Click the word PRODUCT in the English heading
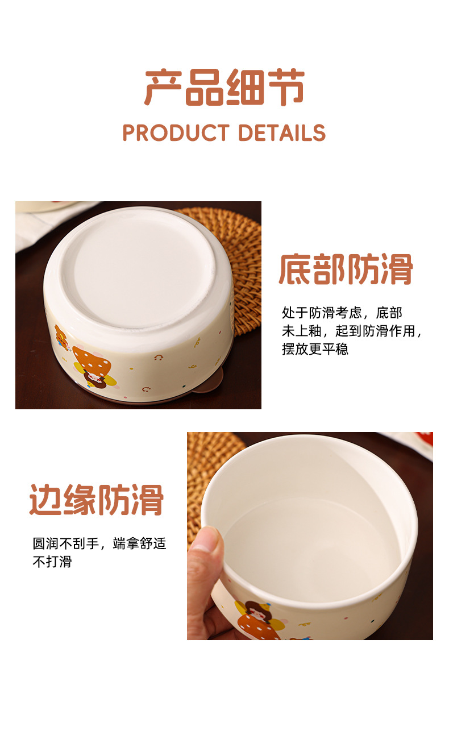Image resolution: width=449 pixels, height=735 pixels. pos(176,133)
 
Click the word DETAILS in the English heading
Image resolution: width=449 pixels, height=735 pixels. pos(282,133)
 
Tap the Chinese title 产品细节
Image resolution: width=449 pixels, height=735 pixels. pos(224,88)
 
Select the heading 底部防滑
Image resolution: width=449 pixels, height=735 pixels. pos(346,269)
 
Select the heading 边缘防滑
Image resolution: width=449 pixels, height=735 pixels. pos(97,500)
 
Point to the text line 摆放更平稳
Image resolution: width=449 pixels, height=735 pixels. pos(315,349)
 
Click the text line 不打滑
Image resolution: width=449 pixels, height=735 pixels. pos(52,562)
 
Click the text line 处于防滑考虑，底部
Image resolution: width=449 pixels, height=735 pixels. pos(342,313)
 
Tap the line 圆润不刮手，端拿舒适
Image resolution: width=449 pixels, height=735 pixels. pos(99,543)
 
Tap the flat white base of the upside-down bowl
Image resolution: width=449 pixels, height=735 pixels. pos(139,272)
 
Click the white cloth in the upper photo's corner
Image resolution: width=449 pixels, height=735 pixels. pos(49,223)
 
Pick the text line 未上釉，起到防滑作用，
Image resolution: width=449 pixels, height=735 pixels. pos(352,331)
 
